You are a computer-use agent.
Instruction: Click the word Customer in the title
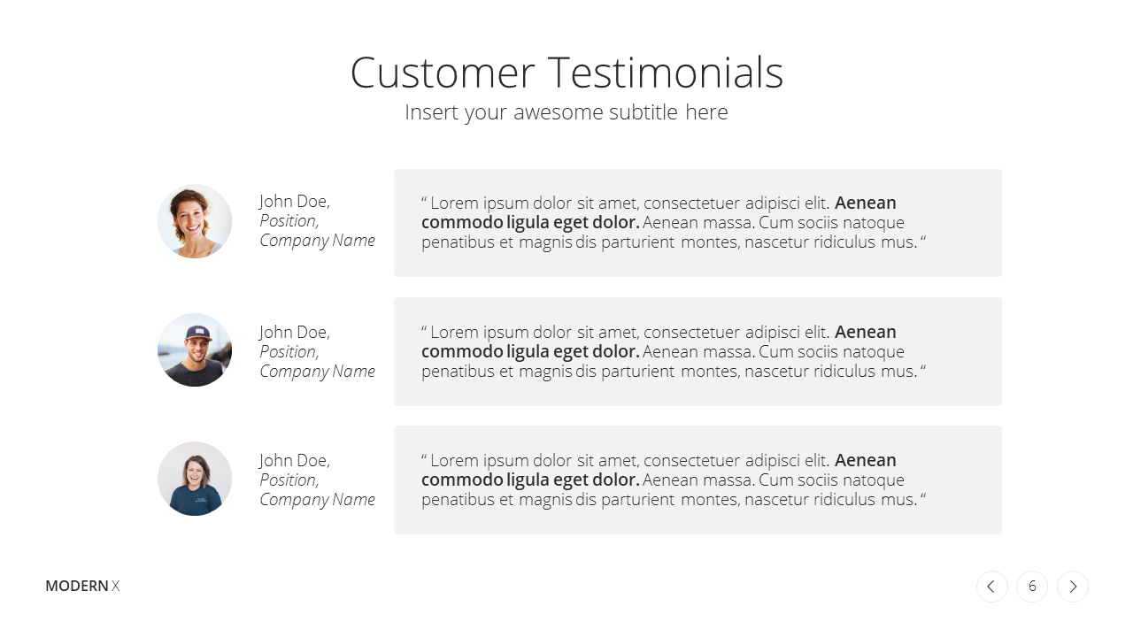pos(443,73)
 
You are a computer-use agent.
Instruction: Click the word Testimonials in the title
pos(666,73)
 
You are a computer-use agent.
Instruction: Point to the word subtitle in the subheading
pos(644,111)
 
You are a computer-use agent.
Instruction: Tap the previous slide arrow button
pos(992,587)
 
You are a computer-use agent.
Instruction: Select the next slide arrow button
pos(1073,587)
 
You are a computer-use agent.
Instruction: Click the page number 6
pos(1032,587)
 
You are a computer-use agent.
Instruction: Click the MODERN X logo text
pos(82,586)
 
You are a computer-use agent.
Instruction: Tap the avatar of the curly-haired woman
pos(195,221)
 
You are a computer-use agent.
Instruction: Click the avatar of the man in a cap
pos(195,349)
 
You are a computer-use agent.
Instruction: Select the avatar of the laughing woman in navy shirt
pos(195,479)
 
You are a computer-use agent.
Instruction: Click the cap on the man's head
pos(197,333)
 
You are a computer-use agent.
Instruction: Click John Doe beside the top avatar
pos(295,201)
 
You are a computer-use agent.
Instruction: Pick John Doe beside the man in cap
pos(295,332)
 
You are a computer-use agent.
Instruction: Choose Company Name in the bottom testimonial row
pos(317,500)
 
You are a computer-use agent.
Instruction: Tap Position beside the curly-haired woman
pos(289,221)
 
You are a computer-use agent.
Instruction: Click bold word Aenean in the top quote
pos(866,203)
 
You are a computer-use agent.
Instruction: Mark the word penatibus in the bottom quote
pos(458,500)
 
